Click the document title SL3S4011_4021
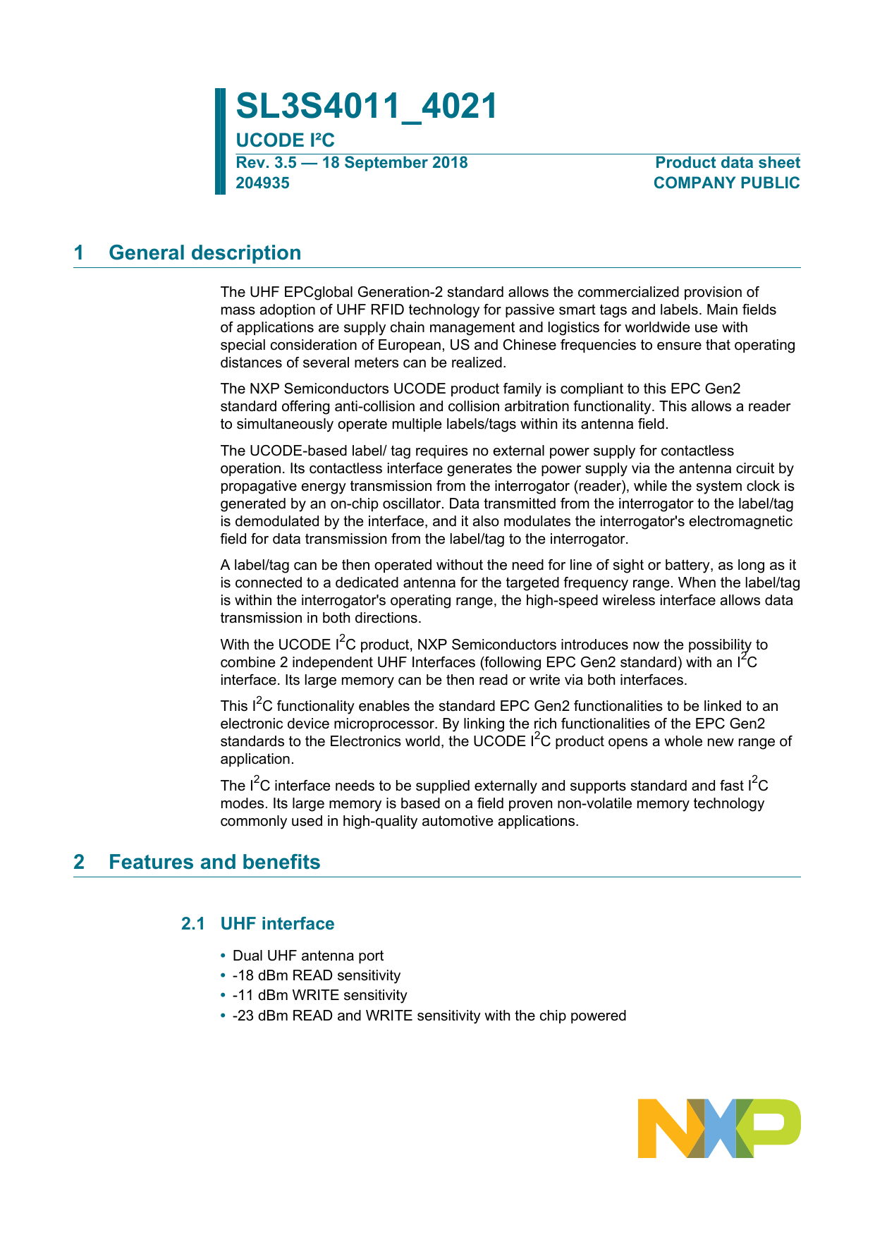click(366, 106)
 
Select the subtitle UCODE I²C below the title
click(285, 140)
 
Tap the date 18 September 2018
click(395, 163)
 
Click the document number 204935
click(262, 183)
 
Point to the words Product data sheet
click(727, 163)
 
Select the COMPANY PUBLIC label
click(726, 183)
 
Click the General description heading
click(204, 252)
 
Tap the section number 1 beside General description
click(79, 252)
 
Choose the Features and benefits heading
click(214, 862)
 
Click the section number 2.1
click(192, 924)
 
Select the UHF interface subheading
click(277, 924)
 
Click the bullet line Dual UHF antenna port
click(308, 956)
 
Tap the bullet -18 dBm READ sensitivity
click(316, 975)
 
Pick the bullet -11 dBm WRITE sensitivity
click(319, 995)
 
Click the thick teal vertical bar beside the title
click(220, 141)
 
